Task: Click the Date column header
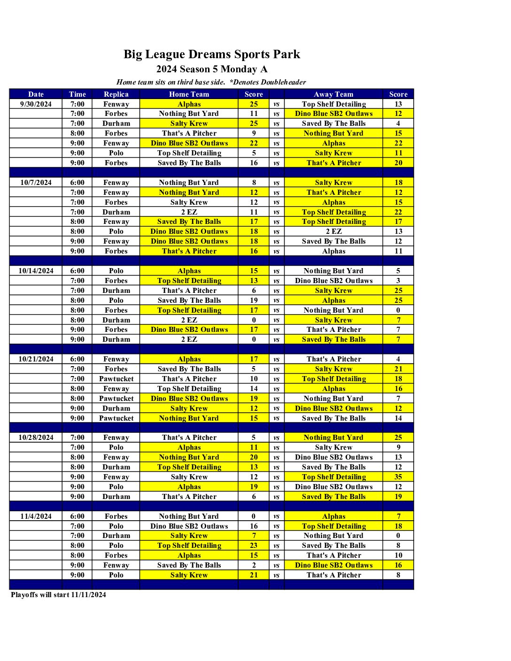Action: point(36,94)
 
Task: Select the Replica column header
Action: point(116,94)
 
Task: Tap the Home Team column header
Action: point(189,94)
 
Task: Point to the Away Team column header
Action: point(333,94)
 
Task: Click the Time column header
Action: point(77,94)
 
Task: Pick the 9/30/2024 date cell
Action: point(36,104)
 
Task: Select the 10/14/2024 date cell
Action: point(36,271)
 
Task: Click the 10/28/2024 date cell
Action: point(36,438)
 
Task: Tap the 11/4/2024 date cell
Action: point(36,516)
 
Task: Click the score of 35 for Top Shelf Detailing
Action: point(398,477)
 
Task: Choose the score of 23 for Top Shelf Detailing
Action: point(254,546)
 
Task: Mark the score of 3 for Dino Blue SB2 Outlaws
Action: point(398,281)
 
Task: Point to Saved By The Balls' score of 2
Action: point(254,565)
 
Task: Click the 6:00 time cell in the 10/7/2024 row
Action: point(77,183)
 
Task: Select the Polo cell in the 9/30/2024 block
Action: point(116,153)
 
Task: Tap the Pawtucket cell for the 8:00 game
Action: point(116,399)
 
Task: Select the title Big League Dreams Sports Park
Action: point(212,54)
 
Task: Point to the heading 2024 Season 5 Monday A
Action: point(212,69)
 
